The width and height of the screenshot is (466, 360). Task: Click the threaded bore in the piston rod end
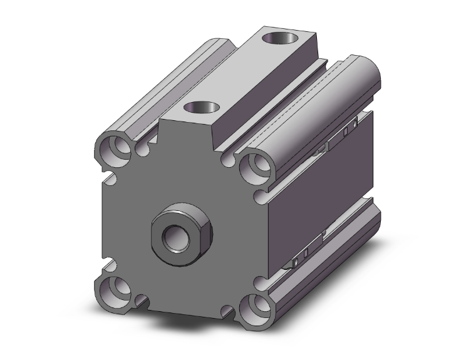pyautogui.click(x=172, y=238)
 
